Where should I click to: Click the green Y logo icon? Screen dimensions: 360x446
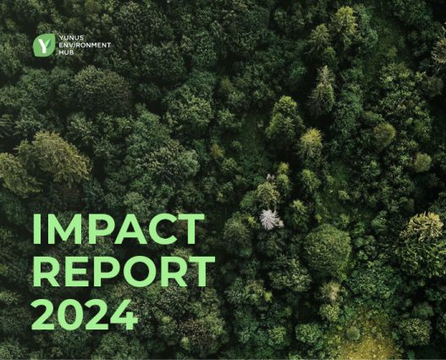(43, 44)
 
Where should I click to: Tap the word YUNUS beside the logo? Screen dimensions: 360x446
(69, 39)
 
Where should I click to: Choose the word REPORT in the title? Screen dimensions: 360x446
(123, 272)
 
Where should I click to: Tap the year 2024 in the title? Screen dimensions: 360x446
(84, 313)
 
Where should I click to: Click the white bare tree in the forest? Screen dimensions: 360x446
(271, 219)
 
